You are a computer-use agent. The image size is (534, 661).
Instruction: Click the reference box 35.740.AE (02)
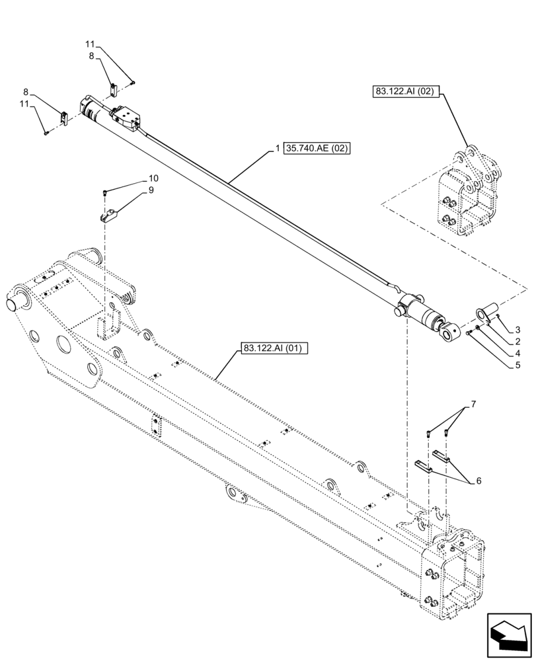[317, 149]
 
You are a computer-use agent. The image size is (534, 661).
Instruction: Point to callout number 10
[153, 178]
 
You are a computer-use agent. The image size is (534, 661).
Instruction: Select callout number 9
[151, 190]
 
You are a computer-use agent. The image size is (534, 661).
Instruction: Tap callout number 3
[518, 329]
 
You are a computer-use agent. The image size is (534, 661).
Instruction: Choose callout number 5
[518, 364]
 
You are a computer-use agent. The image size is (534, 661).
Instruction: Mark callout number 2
[518, 341]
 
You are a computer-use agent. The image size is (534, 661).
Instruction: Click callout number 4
[518, 353]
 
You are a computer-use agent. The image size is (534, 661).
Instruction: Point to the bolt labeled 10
[106, 192]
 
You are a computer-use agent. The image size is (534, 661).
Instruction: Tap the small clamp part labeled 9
[110, 215]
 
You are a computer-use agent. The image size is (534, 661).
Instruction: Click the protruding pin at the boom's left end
[14, 305]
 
